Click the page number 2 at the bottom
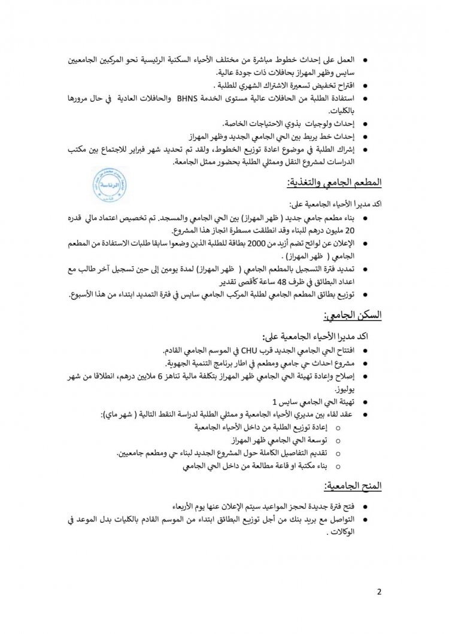click(x=380, y=592)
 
